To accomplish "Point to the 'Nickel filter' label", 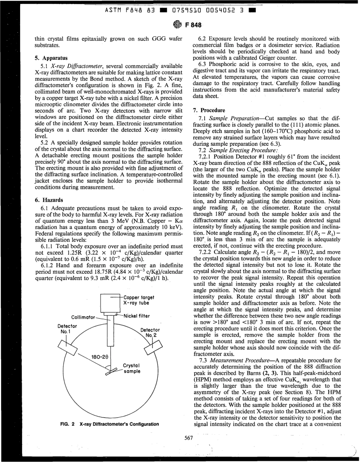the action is tap(136, 315).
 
